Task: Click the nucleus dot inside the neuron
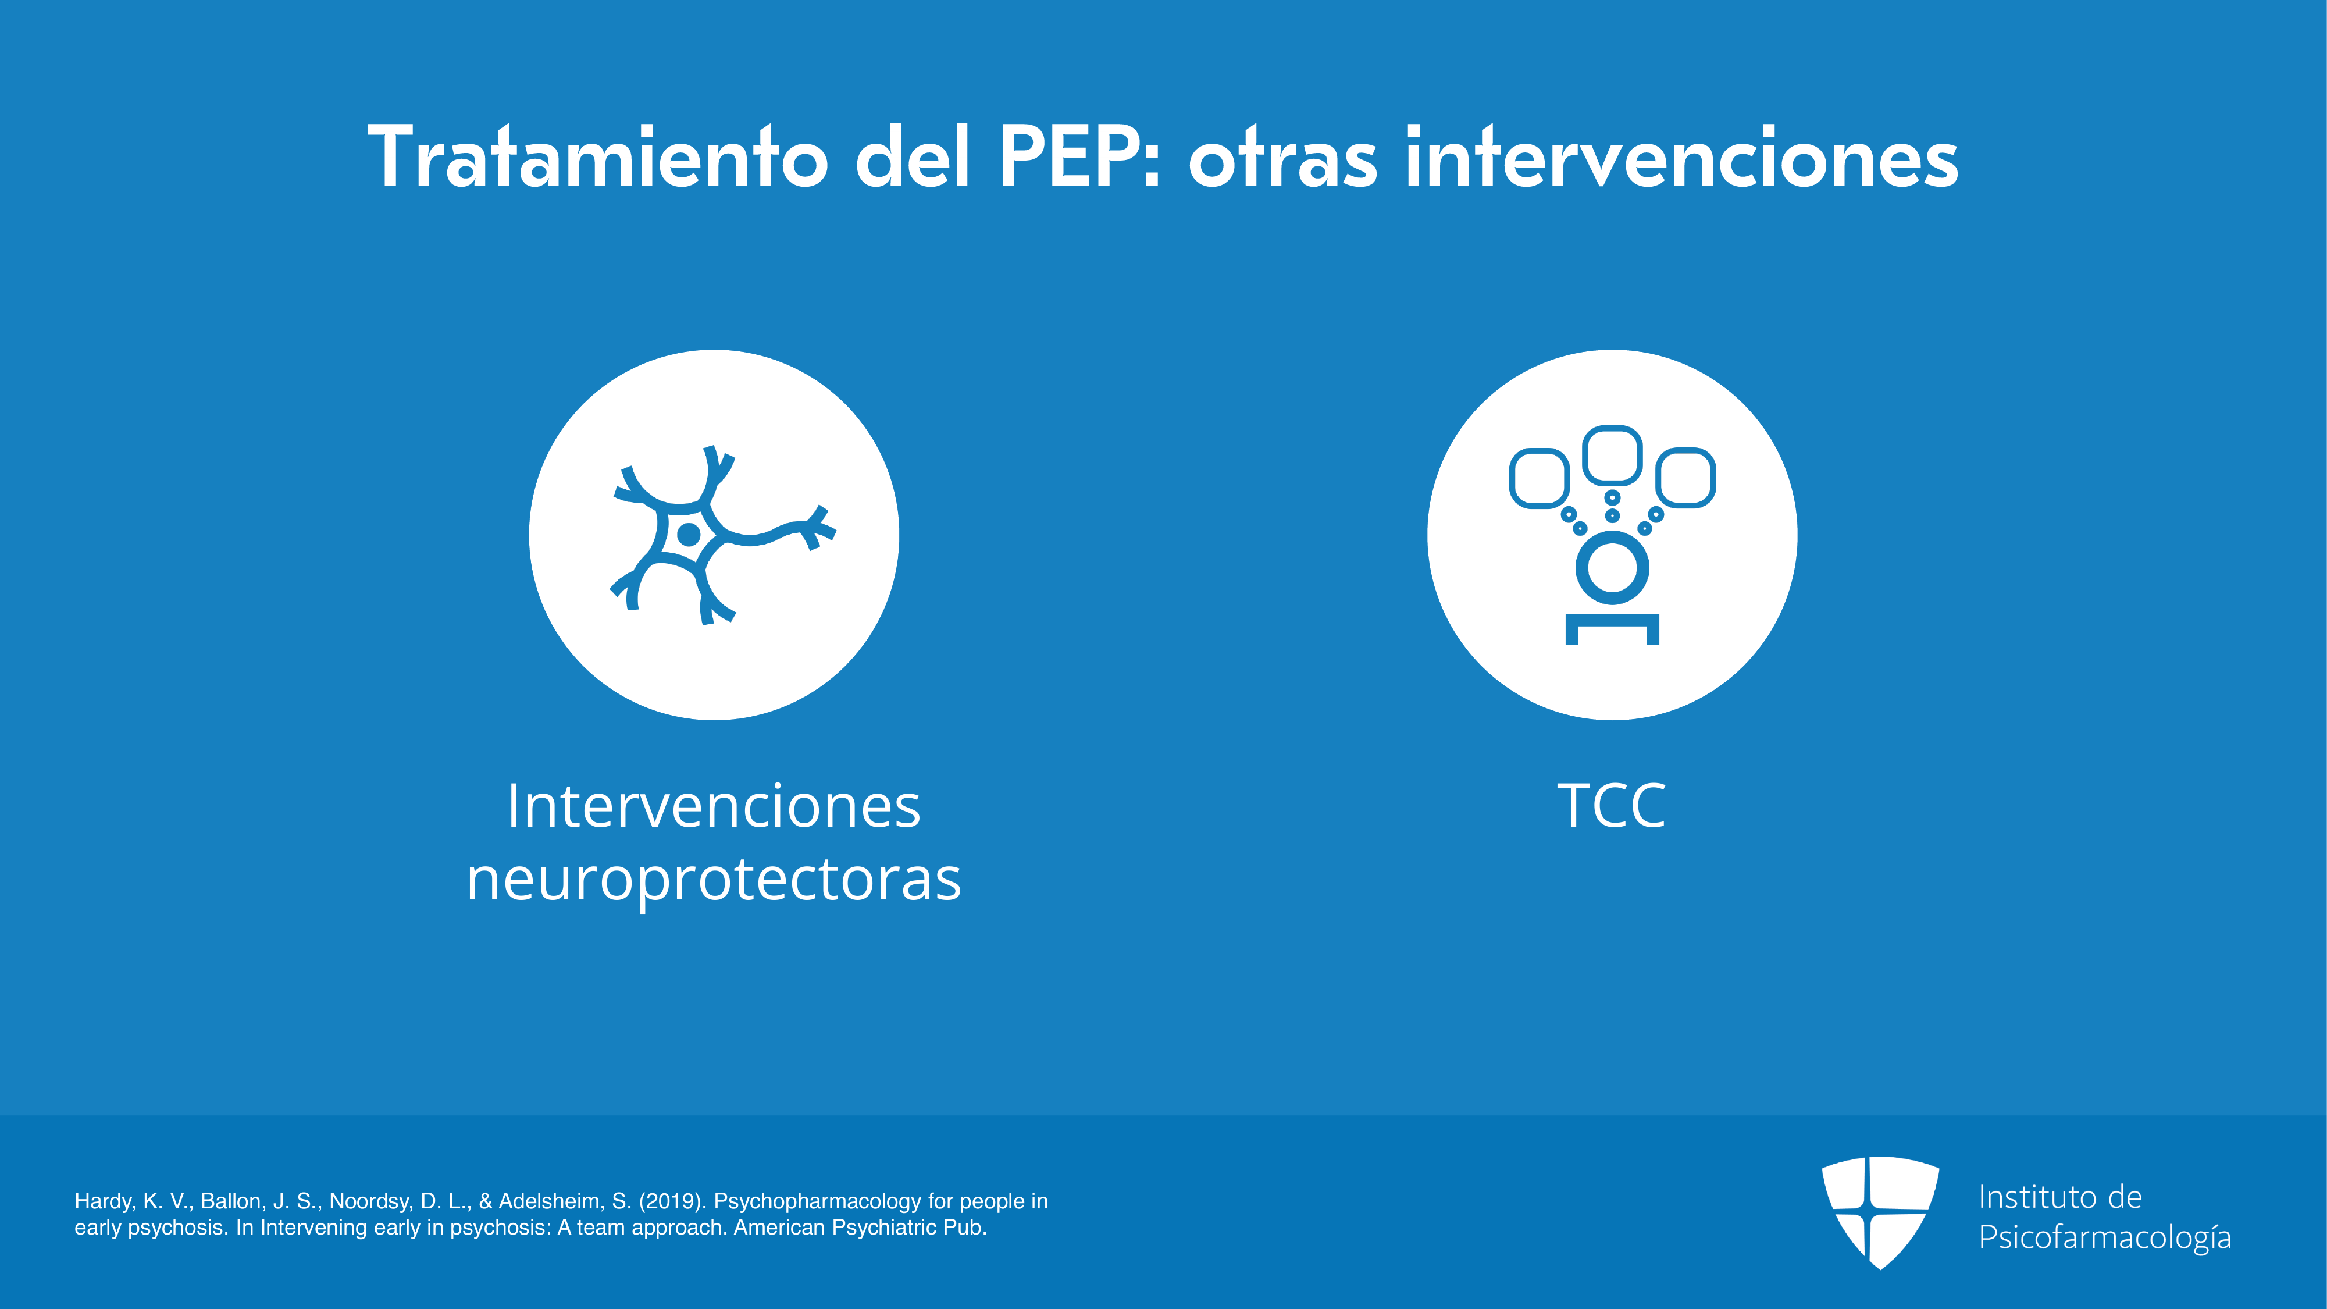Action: [x=689, y=535]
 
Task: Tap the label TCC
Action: [x=1612, y=806]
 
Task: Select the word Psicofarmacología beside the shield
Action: [x=2105, y=1237]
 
